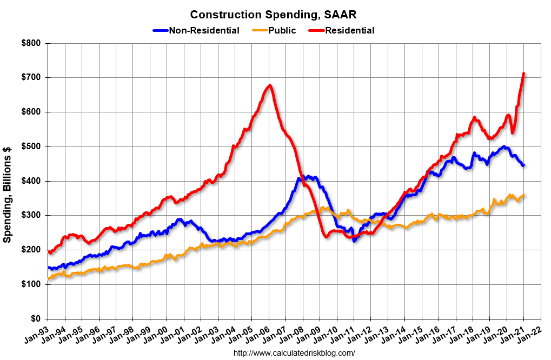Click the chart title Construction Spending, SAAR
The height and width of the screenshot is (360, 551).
click(273, 14)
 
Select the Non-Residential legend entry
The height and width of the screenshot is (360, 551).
click(204, 30)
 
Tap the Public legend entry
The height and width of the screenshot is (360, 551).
click(282, 30)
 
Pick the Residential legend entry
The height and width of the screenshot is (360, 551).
click(349, 30)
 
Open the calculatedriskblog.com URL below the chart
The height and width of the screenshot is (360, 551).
click(294, 353)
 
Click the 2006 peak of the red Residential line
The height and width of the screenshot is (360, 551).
click(269, 85)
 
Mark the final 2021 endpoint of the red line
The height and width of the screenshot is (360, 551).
click(523, 74)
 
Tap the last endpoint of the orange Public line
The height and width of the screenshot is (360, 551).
click(524, 195)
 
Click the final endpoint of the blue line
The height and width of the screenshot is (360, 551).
click(523, 165)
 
